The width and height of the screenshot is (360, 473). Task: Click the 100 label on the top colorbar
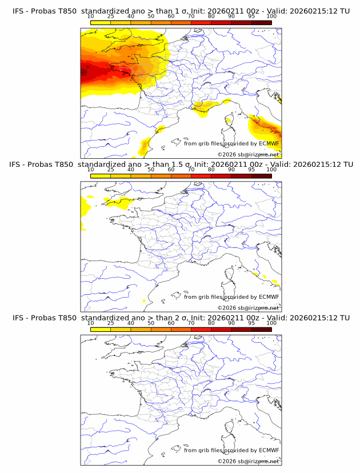(x=271, y=16)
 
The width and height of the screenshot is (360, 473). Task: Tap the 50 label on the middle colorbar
(x=151, y=169)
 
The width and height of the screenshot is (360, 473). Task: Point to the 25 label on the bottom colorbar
(x=110, y=323)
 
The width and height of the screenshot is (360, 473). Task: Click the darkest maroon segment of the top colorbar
(x=261, y=22)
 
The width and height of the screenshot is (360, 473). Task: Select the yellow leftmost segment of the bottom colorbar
(x=101, y=330)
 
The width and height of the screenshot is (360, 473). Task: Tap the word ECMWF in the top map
(x=269, y=143)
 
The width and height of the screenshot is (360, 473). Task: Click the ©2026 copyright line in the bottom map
(x=248, y=461)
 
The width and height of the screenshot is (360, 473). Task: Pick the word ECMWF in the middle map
(x=269, y=296)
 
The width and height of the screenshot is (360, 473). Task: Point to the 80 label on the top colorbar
(x=211, y=16)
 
